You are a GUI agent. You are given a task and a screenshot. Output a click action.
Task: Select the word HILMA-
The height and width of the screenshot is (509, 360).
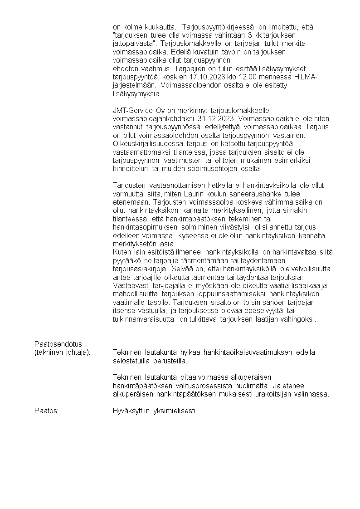(x=305, y=77)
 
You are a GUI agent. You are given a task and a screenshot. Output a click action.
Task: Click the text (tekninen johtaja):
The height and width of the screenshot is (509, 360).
(x=63, y=352)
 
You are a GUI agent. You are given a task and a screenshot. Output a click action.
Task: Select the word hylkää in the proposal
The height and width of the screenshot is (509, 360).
(x=190, y=352)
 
